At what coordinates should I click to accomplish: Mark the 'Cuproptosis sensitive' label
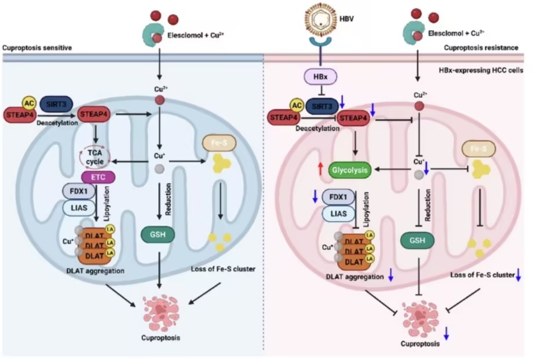[x=37, y=47]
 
